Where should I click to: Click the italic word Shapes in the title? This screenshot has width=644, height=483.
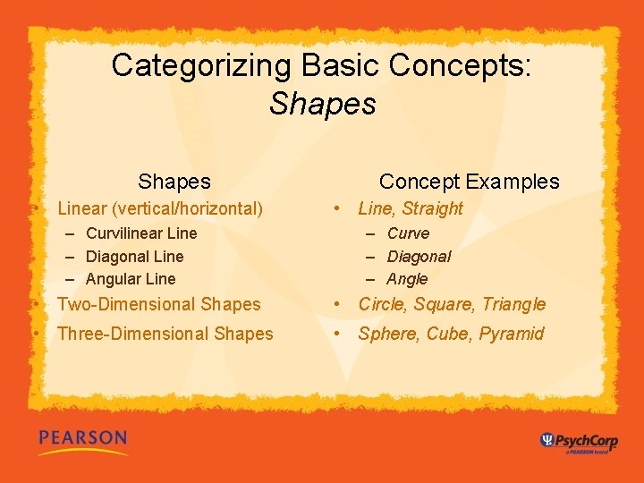pyautogui.click(x=322, y=104)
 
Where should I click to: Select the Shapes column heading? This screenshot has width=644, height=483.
pyautogui.click(x=174, y=182)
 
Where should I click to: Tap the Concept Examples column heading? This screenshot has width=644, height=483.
pyautogui.click(x=469, y=182)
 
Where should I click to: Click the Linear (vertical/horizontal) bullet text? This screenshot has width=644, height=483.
pyautogui.click(x=160, y=208)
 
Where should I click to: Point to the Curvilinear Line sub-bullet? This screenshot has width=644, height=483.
pyautogui.click(x=141, y=233)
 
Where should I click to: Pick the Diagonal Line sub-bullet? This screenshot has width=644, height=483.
pyautogui.click(x=134, y=257)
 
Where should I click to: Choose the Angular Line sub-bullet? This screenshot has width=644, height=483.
pyautogui.click(x=131, y=279)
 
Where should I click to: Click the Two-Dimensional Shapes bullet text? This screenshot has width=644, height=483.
pyautogui.click(x=159, y=304)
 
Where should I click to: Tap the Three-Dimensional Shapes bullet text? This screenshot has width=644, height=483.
pyautogui.click(x=165, y=334)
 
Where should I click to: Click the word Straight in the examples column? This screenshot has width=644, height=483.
pyautogui.click(x=433, y=208)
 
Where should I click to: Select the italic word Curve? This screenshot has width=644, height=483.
pyautogui.click(x=408, y=233)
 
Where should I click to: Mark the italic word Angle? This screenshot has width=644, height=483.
pyautogui.click(x=407, y=279)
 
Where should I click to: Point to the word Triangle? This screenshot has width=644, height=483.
pyautogui.click(x=513, y=304)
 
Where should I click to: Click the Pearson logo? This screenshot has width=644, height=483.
pyautogui.click(x=82, y=441)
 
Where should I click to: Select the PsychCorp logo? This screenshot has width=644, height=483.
pyautogui.click(x=579, y=441)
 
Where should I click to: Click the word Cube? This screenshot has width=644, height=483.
pyautogui.click(x=448, y=334)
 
